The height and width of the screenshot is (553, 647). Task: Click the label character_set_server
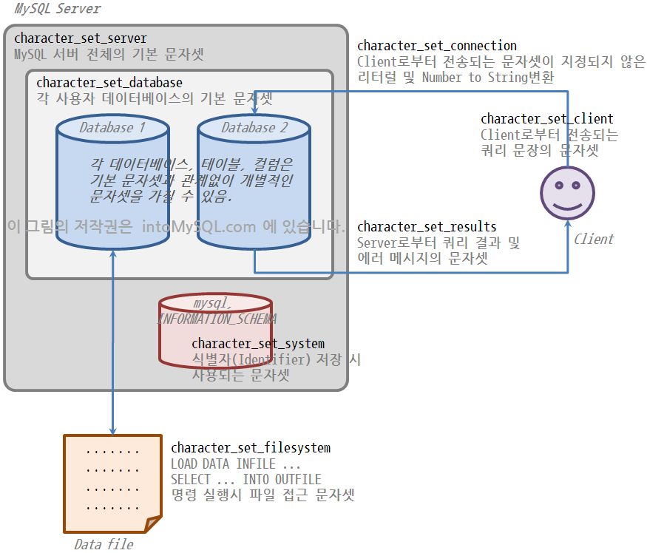(x=81, y=38)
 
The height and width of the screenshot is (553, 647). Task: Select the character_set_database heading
(x=109, y=83)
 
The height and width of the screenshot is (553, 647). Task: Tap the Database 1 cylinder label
(x=112, y=128)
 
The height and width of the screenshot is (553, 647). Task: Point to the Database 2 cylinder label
(x=254, y=128)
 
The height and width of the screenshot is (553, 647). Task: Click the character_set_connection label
(x=437, y=47)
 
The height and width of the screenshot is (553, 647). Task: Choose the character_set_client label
(x=546, y=119)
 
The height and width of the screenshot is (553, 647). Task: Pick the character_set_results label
(x=427, y=227)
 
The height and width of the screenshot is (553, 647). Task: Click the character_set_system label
(x=258, y=344)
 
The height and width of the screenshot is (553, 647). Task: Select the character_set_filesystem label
(x=251, y=448)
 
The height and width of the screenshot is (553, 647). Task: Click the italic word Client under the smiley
(x=593, y=239)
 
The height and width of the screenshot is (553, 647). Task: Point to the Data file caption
(x=104, y=544)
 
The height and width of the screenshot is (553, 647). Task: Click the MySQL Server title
(x=58, y=9)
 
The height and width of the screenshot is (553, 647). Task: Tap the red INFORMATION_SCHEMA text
(x=217, y=319)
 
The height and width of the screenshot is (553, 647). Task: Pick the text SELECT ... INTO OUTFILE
(x=246, y=480)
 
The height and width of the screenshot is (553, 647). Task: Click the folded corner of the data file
(x=153, y=523)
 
